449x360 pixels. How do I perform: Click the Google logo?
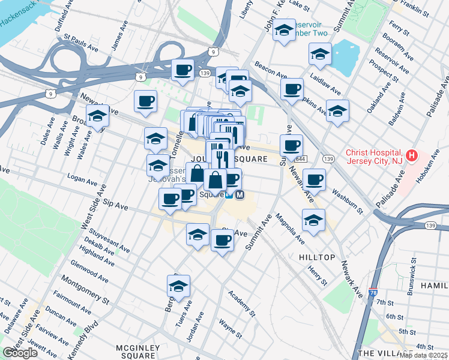tap(20, 353)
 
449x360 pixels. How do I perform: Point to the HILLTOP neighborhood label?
tap(317, 257)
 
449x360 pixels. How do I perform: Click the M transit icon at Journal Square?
tap(240, 194)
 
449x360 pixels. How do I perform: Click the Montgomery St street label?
tap(89, 290)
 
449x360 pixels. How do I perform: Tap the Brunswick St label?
tap(414, 266)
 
